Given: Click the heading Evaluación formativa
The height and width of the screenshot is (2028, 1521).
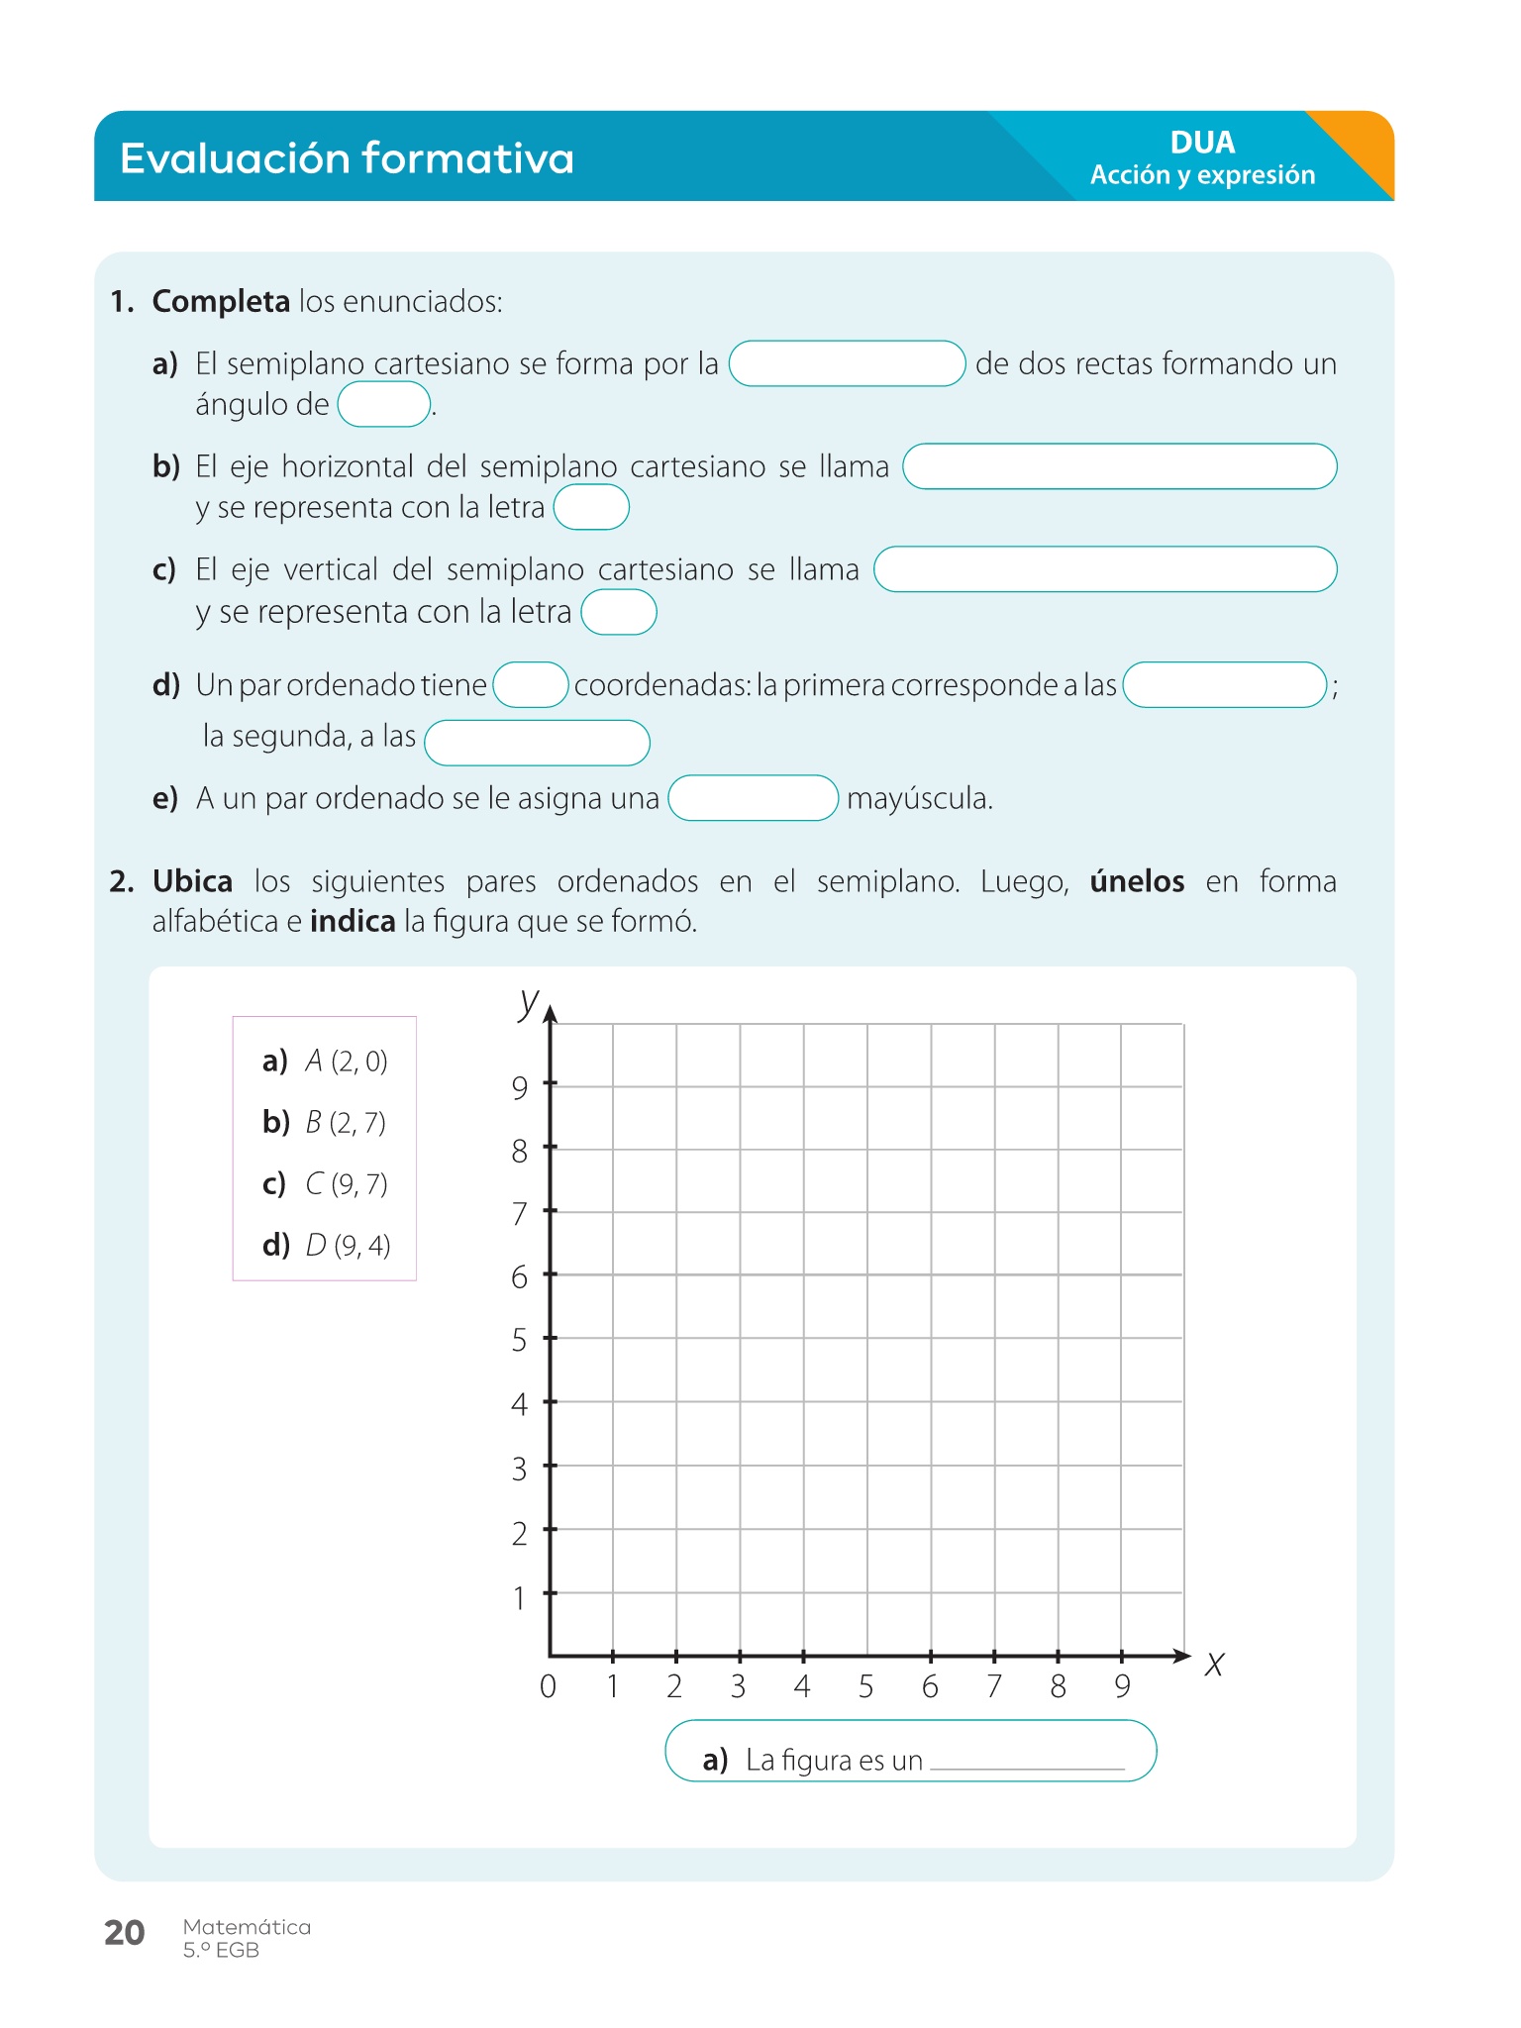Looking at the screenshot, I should (x=347, y=158).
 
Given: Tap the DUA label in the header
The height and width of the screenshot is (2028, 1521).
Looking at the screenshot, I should (x=1202, y=143).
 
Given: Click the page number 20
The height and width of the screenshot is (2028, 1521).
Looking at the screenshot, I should (x=125, y=1932).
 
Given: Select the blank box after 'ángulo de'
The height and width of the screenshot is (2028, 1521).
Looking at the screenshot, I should (x=384, y=405).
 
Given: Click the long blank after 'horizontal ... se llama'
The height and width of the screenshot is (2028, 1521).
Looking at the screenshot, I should (x=1119, y=466).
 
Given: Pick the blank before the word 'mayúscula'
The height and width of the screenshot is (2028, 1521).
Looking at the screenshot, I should (x=753, y=798).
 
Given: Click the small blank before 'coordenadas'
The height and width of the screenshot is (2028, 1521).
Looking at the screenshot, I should (x=531, y=685).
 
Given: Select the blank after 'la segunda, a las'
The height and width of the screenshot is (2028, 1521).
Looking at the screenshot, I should (x=537, y=743).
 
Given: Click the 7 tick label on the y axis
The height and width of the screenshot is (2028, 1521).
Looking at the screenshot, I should (x=520, y=1214).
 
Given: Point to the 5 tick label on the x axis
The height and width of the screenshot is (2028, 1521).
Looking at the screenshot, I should (x=866, y=1686).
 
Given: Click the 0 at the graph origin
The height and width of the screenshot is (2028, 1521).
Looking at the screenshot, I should (x=548, y=1686).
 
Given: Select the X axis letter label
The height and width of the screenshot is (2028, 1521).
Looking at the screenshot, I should (x=1215, y=1665).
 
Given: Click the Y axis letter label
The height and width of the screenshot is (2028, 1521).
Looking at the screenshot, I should (x=529, y=1002).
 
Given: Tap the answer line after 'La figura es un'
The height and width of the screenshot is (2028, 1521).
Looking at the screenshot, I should (x=1027, y=1761).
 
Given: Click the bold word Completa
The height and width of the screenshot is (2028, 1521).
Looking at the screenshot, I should (x=221, y=301).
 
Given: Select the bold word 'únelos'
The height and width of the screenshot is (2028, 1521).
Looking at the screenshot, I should (x=1137, y=881).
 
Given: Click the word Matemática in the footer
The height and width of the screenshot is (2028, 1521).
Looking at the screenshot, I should (x=247, y=1927).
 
